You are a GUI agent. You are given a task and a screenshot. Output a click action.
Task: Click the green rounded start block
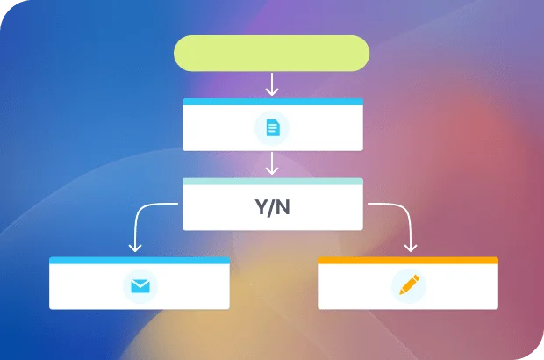point(272,53)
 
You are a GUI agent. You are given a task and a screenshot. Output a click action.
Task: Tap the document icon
point(272,129)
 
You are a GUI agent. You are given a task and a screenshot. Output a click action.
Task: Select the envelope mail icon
point(139,285)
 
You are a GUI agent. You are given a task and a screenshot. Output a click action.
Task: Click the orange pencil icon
point(407,285)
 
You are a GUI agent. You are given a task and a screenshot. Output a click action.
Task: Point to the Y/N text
point(272,209)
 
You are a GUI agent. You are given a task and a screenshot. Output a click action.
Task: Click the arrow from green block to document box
point(272,84)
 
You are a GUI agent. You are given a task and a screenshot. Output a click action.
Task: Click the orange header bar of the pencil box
point(407,261)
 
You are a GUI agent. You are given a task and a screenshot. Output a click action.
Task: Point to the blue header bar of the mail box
point(139,261)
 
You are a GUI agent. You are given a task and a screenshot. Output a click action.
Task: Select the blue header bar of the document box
point(272,102)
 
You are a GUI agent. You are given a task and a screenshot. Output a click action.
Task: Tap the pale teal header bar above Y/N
point(272,182)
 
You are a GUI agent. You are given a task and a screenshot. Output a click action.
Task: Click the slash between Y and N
point(272,209)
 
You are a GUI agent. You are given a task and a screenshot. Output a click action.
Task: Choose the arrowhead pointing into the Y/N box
point(272,171)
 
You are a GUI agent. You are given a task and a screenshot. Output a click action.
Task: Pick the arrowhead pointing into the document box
point(272,91)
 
